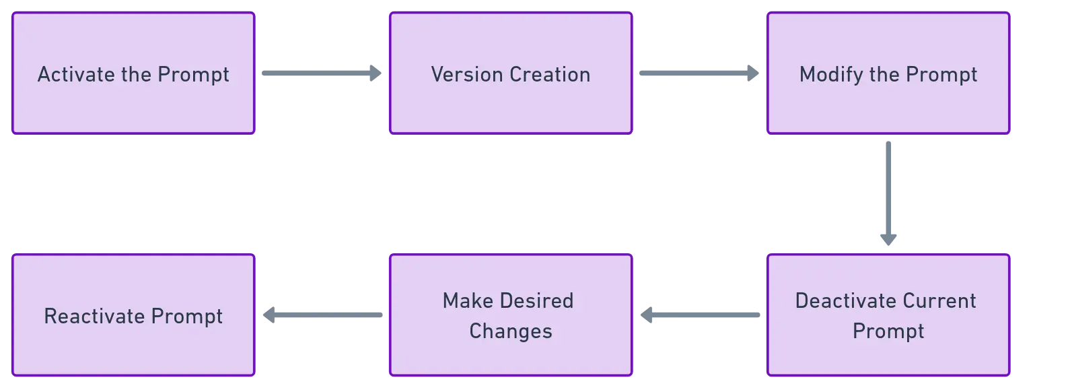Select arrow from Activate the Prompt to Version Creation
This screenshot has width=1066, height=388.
pyautogui.click(x=320, y=75)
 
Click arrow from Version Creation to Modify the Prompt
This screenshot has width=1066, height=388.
pyautogui.click(x=697, y=75)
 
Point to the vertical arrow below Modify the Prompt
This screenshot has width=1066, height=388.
pyautogui.click(x=888, y=192)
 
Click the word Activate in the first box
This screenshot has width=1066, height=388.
pyautogui.click(x=76, y=74)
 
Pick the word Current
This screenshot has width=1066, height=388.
pyautogui.click(x=939, y=300)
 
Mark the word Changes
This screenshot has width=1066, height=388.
pyautogui.click(x=511, y=331)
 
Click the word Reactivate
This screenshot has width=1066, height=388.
pyautogui.click(x=94, y=316)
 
